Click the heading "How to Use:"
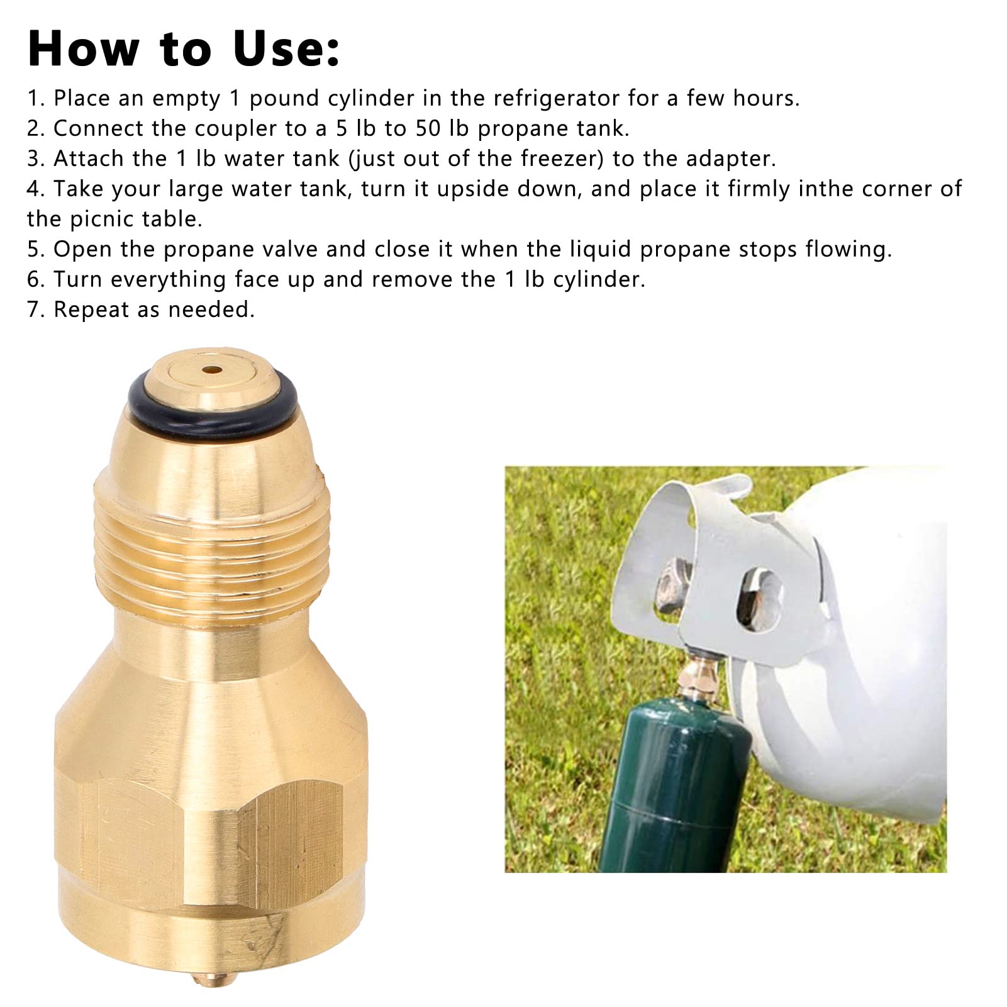click(184, 49)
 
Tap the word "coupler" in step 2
click(236, 130)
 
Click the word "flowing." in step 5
click(849, 250)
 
